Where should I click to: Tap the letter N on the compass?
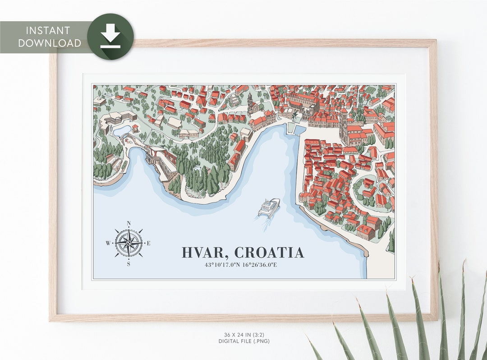[129, 223]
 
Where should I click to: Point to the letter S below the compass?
[129, 264]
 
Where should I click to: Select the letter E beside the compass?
[149, 244]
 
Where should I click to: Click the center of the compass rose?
[129, 243]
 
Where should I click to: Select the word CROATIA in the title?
[269, 253]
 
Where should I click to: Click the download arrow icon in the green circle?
[110, 36]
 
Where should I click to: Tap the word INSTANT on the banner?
[47, 31]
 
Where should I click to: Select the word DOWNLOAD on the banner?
[50, 43]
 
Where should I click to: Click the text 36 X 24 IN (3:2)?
[243, 334]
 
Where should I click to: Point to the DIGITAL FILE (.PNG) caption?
[243, 341]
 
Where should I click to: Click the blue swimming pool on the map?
[122, 131]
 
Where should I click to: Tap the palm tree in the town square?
[295, 116]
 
